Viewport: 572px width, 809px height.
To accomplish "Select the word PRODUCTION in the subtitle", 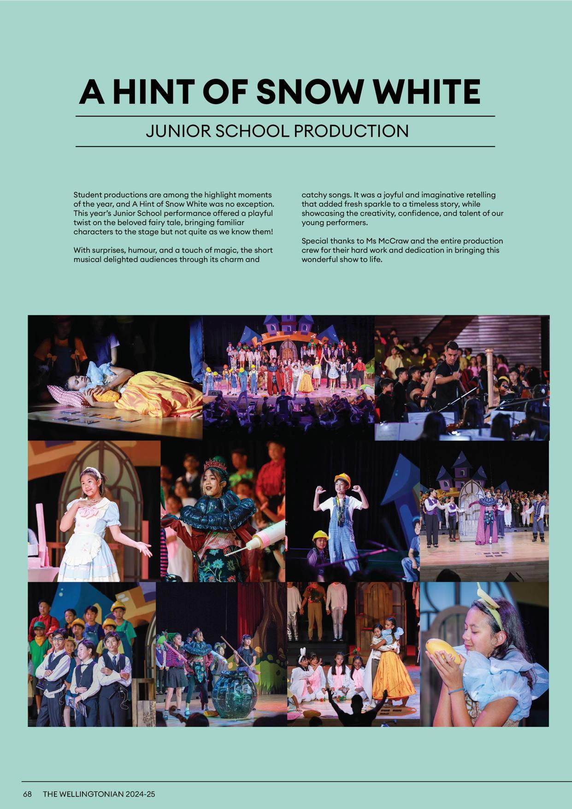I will pos(351,131).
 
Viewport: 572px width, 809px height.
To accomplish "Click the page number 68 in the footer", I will pos(28,795).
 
